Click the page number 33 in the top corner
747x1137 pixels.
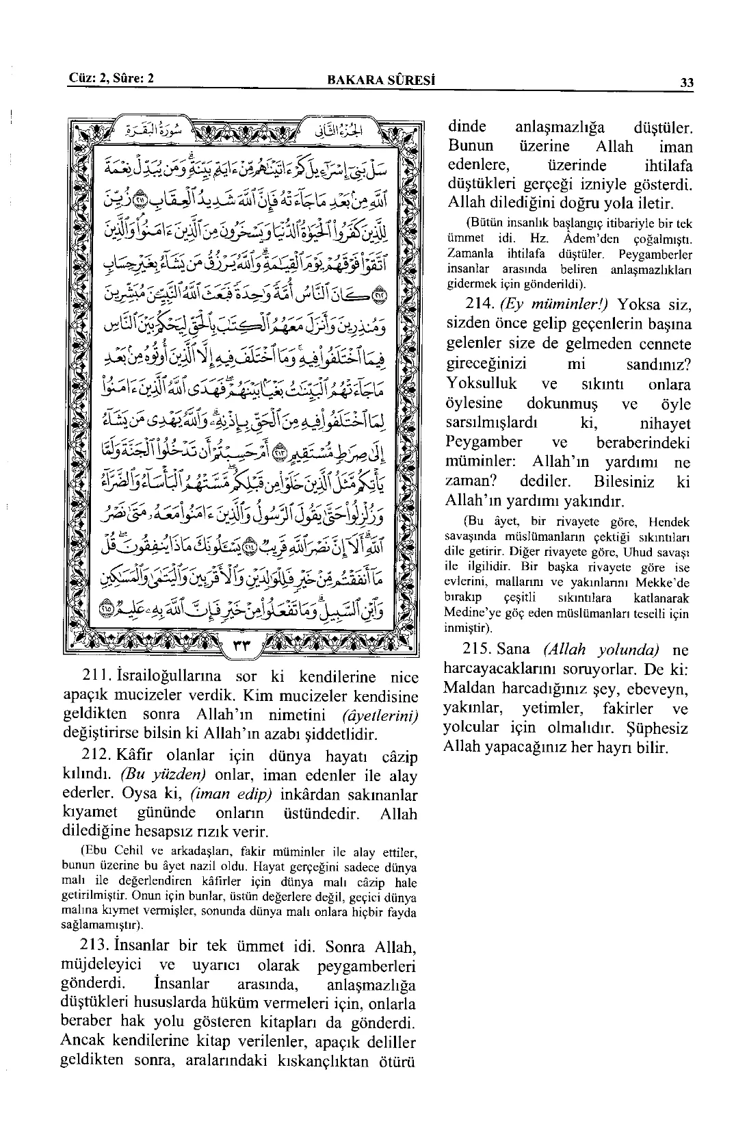click(x=687, y=83)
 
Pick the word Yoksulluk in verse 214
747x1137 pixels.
click(x=482, y=383)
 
